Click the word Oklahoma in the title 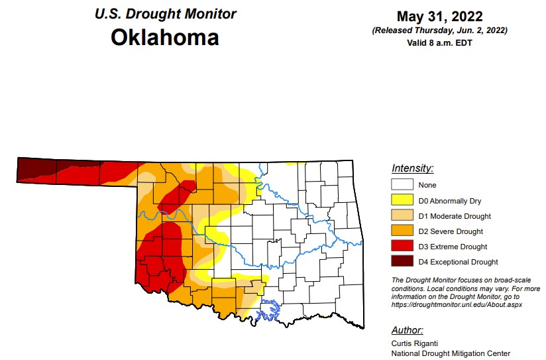coord(164,37)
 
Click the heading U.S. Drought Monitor coord(165,13)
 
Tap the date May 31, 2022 coord(440,17)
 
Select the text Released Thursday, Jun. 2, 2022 coord(440,30)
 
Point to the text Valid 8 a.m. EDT coord(440,42)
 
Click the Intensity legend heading coord(412,168)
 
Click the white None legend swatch coord(402,186)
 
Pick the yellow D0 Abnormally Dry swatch coord(402,201)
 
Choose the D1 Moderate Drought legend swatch coord(402,216)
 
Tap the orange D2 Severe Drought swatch coord(402,231)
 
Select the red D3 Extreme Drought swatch coord(402,247)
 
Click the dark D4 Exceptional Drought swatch coord(402,262)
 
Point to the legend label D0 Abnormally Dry coord(449,201)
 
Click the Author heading coord(407,330)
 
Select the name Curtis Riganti coord(413,343)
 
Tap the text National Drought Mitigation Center coord(451,353)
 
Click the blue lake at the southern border coord(268,309)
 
